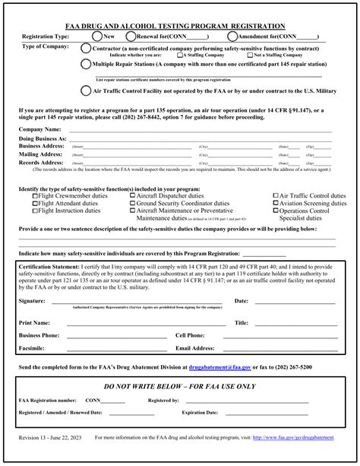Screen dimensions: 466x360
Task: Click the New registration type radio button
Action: click(x=96, y=36)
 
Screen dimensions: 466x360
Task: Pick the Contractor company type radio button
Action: click(x=85, y=47)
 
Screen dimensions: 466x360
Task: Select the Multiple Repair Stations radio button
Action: click(x=85, y=65)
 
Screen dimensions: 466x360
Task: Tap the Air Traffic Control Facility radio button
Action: click(x=85, y=90)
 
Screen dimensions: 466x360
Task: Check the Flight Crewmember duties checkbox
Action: click(x=35, y=196)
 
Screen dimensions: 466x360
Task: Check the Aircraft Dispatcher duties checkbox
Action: click(x=133, y=196)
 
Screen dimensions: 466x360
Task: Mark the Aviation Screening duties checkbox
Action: click(x=273, y=204)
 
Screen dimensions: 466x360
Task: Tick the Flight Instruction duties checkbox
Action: click(x=35, y=211)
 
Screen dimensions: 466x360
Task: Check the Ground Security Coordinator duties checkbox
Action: click(x=133, y=204)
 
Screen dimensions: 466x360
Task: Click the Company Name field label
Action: click(x=39, y=129)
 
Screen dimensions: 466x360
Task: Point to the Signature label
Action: click(x=33, y=301)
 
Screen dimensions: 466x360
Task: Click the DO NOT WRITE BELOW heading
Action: click(x=179, y=385)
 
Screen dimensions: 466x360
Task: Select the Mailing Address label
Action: click(x=40, y=154)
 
